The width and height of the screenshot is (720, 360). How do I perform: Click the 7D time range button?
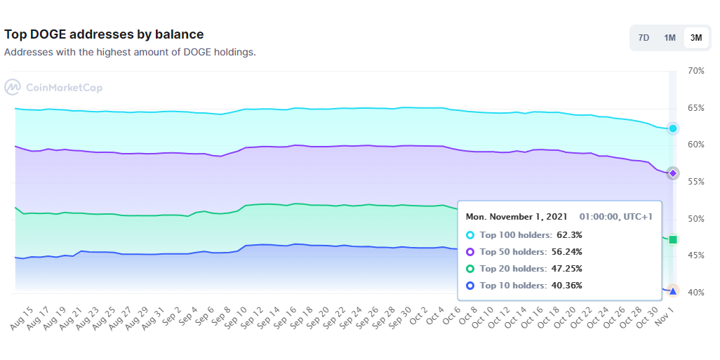(x=644, y=38)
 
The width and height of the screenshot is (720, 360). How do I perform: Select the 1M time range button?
(x=669, y=38)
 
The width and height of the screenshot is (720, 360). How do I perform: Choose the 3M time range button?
(x=695, y=38)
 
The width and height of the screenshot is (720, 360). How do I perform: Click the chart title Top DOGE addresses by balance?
(x=104, y=34)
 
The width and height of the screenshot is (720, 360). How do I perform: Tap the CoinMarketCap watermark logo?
(x=53, y=88)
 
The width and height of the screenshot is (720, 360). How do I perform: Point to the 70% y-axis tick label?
(x=695, y=71)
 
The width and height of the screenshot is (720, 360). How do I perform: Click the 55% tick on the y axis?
(x=695, y=182)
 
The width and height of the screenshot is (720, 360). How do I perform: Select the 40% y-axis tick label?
(x=695, y=292)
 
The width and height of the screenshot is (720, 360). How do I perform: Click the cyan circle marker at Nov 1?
(x=673, y=128)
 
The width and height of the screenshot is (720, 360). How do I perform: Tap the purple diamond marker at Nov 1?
(x=673, y=173)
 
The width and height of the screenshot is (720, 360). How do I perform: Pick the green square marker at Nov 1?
(x=673, y=240)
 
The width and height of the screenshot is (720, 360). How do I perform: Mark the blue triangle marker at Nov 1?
(x=673, y=291)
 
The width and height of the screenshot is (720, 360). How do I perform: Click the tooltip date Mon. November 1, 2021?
(x=516, y=217)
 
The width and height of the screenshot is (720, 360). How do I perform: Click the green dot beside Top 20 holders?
(x=470, y=269)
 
